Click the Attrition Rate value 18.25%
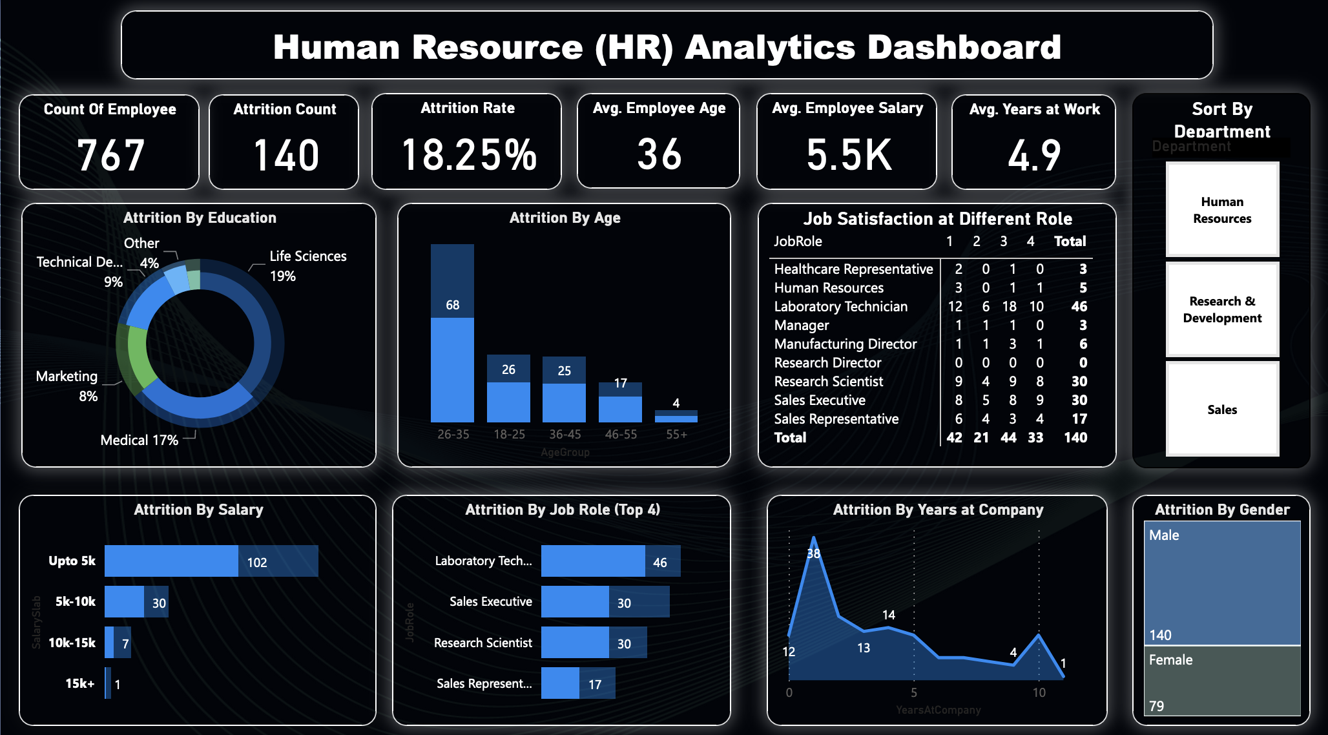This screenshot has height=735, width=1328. point(468,155)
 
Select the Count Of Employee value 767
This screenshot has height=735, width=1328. point(110,155)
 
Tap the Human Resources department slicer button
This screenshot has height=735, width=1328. point(1222,210)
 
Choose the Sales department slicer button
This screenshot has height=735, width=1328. point(1222,409)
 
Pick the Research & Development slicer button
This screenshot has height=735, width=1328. point(1222,309)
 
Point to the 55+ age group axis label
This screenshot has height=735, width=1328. point(676,434)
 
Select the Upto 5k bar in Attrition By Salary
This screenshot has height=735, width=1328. point(171,561)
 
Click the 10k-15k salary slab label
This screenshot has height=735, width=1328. point(72,643)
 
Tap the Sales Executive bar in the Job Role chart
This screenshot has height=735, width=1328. point(575,602)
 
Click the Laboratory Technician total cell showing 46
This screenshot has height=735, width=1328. point(1079,306)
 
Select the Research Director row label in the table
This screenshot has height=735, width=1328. point(827,362)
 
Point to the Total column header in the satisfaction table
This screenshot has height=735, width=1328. point(1070,241)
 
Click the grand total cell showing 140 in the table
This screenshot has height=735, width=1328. point(1075,437)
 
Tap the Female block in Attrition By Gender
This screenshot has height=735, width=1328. point(1222,681)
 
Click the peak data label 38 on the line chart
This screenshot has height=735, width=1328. point(813,554)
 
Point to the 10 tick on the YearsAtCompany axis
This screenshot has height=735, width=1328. point(1039,692)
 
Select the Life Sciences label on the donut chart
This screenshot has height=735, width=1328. point(307,256)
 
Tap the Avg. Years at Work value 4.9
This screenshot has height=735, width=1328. point(1034,155)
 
